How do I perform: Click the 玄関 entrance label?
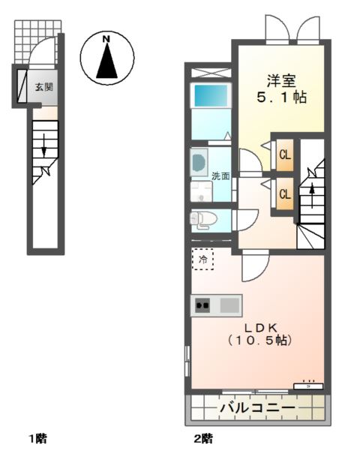tap(44, 87)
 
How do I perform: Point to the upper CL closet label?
tap(285, 155)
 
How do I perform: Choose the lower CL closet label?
tap(285, 194)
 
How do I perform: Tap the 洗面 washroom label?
tap(220, 177)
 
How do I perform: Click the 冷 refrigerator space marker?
tap(202, 260)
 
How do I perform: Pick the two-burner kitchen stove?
tap(202, 305)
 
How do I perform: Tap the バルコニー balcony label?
tap(257, 407)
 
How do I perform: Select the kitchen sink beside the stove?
tap(229, 305)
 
